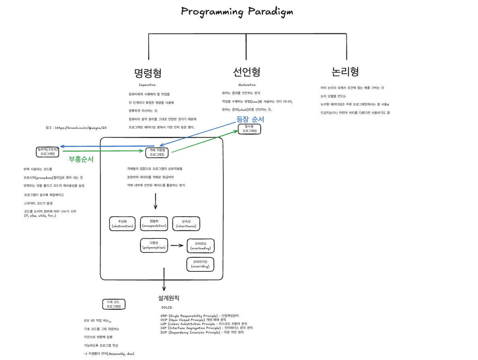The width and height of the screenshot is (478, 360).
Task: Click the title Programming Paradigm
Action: (237, 11)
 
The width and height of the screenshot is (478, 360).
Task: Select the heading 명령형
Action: (148, 73)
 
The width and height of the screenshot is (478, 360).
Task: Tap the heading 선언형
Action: (247, 72)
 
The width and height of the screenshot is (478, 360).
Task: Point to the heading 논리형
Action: (345, 72)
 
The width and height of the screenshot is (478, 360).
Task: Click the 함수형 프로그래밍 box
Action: (249, 129)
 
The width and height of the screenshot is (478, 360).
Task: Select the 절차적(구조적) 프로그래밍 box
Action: (47, 151)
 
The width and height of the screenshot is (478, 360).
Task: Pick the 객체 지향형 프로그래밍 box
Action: (157, 152)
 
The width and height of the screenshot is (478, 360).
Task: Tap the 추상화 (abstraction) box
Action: (123, 224)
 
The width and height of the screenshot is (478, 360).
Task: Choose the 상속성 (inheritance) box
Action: (186, 224)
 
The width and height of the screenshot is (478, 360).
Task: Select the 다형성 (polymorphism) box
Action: (154, 245)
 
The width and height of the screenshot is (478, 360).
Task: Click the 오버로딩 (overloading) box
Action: (200, 246)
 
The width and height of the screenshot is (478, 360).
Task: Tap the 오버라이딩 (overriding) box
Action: (200, 264)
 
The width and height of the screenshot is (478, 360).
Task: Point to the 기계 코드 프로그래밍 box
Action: (114, 304)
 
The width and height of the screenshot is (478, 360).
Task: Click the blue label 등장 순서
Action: (250, 119)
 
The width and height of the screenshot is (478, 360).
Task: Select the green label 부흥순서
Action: (81, 159)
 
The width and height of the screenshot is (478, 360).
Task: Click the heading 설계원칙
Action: (169, 298)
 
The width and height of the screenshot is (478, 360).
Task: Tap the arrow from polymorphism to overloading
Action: (177, 245)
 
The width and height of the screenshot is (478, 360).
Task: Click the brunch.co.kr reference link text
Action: (76, 128)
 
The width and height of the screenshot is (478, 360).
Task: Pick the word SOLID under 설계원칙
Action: (166, 307)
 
